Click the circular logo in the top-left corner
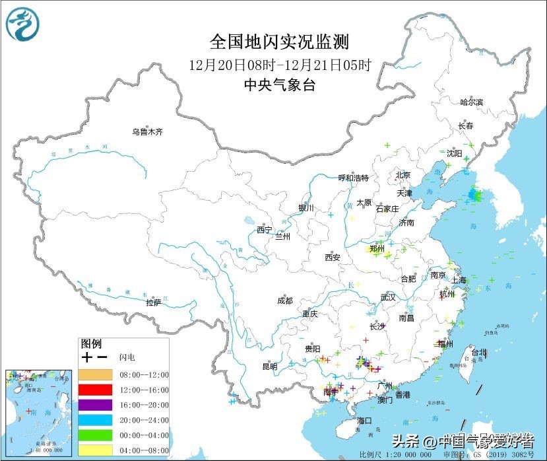click(x=22, y=24)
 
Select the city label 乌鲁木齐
click(x=146, y=132)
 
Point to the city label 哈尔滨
click(x=472, y=102)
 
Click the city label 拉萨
click(x=153, y=302)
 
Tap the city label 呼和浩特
click(x=353, y=178)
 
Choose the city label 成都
click(x=284, y=301)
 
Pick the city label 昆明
click(x=270, y=367)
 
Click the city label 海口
click(x=365, y=421)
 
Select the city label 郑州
click(x=377, y=249)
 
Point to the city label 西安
click(x=332, y=258)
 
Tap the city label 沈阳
click(x=454, y=153)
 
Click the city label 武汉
click(x=388, y=297)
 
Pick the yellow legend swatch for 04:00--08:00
click(x=97, y=450)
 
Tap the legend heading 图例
click(x=91, y=344)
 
